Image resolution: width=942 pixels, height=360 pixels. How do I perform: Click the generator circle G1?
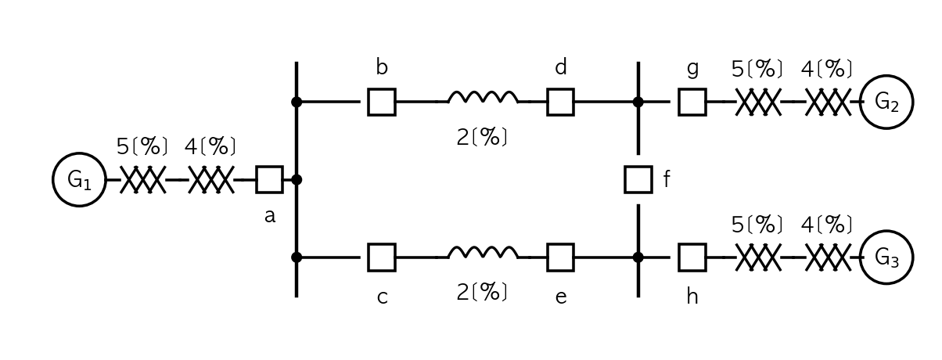click(80, 153)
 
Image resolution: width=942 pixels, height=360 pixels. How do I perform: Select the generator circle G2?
click(887, 76)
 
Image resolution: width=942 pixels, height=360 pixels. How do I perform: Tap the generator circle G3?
click(887, 232)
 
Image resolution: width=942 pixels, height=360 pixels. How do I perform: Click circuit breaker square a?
click(270, 167)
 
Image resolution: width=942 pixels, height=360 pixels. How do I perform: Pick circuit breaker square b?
click(382, 88)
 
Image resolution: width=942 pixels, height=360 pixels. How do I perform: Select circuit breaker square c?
click(382, 244)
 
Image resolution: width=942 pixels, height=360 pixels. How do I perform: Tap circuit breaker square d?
click(560, 88)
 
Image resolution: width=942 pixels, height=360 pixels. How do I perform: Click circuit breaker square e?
click(560, 244)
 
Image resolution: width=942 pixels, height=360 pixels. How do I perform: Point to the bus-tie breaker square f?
click(638, 167)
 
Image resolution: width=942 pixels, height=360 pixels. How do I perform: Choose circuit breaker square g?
click(692, 88)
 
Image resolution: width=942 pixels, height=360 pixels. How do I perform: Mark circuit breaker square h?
click(692, 244)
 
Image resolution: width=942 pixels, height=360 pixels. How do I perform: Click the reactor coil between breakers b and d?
click(484, 92)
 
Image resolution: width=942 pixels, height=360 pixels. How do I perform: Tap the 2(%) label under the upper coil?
click(482, 137)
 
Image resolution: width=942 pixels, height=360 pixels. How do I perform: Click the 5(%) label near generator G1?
click(142, 146)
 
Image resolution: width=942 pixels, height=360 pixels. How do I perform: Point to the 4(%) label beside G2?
click(826, 69)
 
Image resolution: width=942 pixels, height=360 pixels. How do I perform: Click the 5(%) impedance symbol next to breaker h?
click(758, 257)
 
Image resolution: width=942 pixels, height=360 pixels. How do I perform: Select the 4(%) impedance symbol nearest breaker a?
click(210, 179)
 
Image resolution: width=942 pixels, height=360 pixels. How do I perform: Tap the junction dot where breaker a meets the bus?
click(297, 179)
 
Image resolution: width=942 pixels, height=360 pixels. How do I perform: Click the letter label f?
click(666, 178)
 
